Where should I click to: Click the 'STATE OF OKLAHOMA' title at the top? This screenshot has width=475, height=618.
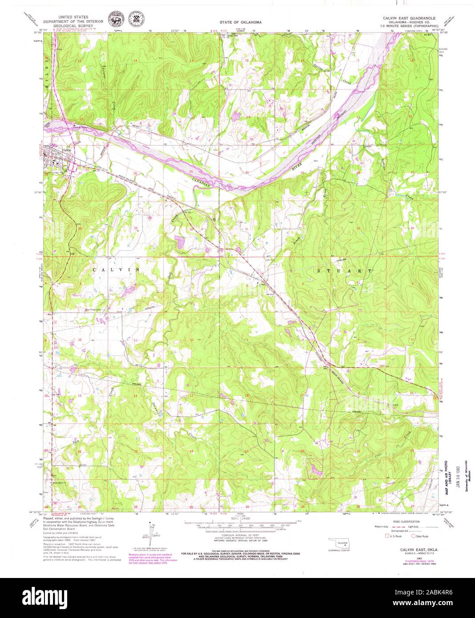tap(241, 22)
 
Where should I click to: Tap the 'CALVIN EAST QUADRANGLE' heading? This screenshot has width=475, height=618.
tap(410, 17)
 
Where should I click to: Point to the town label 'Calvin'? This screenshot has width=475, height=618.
tap(67, 150)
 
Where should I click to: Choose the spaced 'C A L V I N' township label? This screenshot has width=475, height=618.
tap(116, 269)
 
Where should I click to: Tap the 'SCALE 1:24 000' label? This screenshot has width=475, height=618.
tap(240, 519)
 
